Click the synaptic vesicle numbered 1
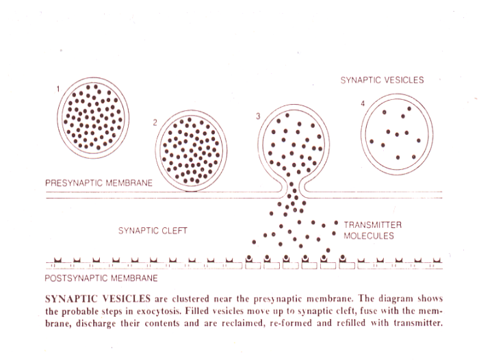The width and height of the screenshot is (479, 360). tap(93, 117)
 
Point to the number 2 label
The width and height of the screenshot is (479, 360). tap(155, 123)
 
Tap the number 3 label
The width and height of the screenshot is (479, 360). tap(258, 116)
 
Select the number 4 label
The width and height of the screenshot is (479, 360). tap(362, 103)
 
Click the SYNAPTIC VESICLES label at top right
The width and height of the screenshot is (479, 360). tap(382, 80)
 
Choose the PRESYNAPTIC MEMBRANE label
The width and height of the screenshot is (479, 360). tap(99, 183)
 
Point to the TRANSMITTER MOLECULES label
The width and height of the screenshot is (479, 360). tap(372, 230)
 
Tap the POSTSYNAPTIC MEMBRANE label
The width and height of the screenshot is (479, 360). tap(101, 279)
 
